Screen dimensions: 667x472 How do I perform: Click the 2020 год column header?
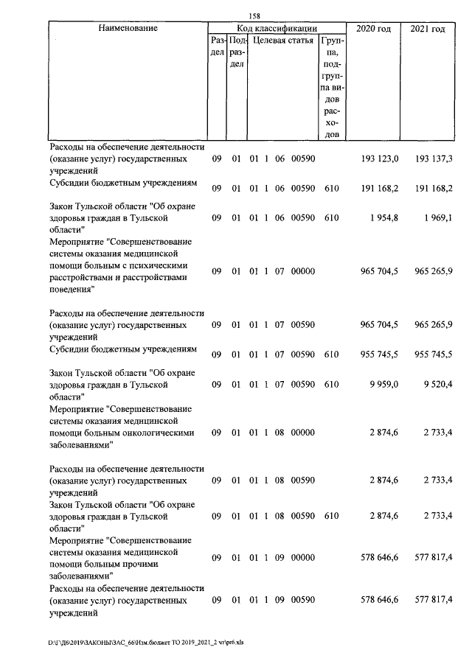coord(373,29)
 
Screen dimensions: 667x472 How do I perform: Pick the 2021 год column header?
coord(427,29)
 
